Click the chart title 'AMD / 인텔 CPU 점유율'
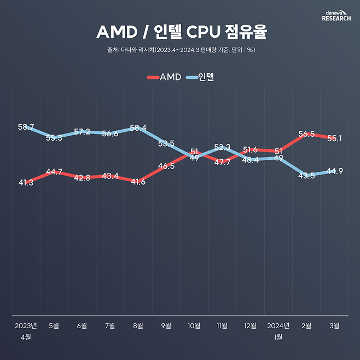pyautogui.click(x=181, y=32)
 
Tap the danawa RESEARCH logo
pyautogui.click(x=336, y=15)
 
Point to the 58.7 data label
pyautogui.click(x=26, y=127)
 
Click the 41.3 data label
pyautogui.click(x=26, y=183)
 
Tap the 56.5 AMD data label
pyautogui.click(x=306, y=134)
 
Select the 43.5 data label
pyautogui.click(x=306, y=175)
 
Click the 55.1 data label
pyautogui.click(x=334, y=138)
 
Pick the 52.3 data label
pyautogui.click(x=222, y=147)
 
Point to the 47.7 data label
pyautogui.click(x=222, y=162)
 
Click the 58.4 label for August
pyautogui.click(x=138, y=129)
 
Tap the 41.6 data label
pyautogui.click(x=138, y=182)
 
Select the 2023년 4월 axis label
pyautogui.click(x=26, y=331)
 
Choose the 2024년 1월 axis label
pyautogui.click(x=278, y=331)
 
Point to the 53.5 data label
pyautogui.click(x=166, y=144)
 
